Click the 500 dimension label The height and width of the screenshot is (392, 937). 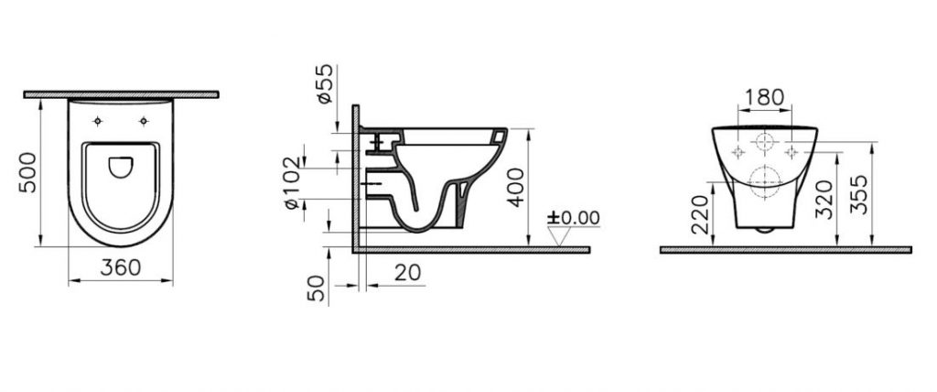pos(27,172)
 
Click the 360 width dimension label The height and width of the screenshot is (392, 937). pos(121,267)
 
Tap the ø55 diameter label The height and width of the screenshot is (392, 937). pos(324,83)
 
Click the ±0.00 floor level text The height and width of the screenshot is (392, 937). pos(574,218)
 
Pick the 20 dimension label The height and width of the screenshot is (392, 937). pos(407,272)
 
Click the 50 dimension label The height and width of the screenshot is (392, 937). pos(318,288)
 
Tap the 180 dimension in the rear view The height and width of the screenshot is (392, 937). pos(765,98)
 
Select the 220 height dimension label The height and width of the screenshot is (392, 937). pos(700,214)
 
